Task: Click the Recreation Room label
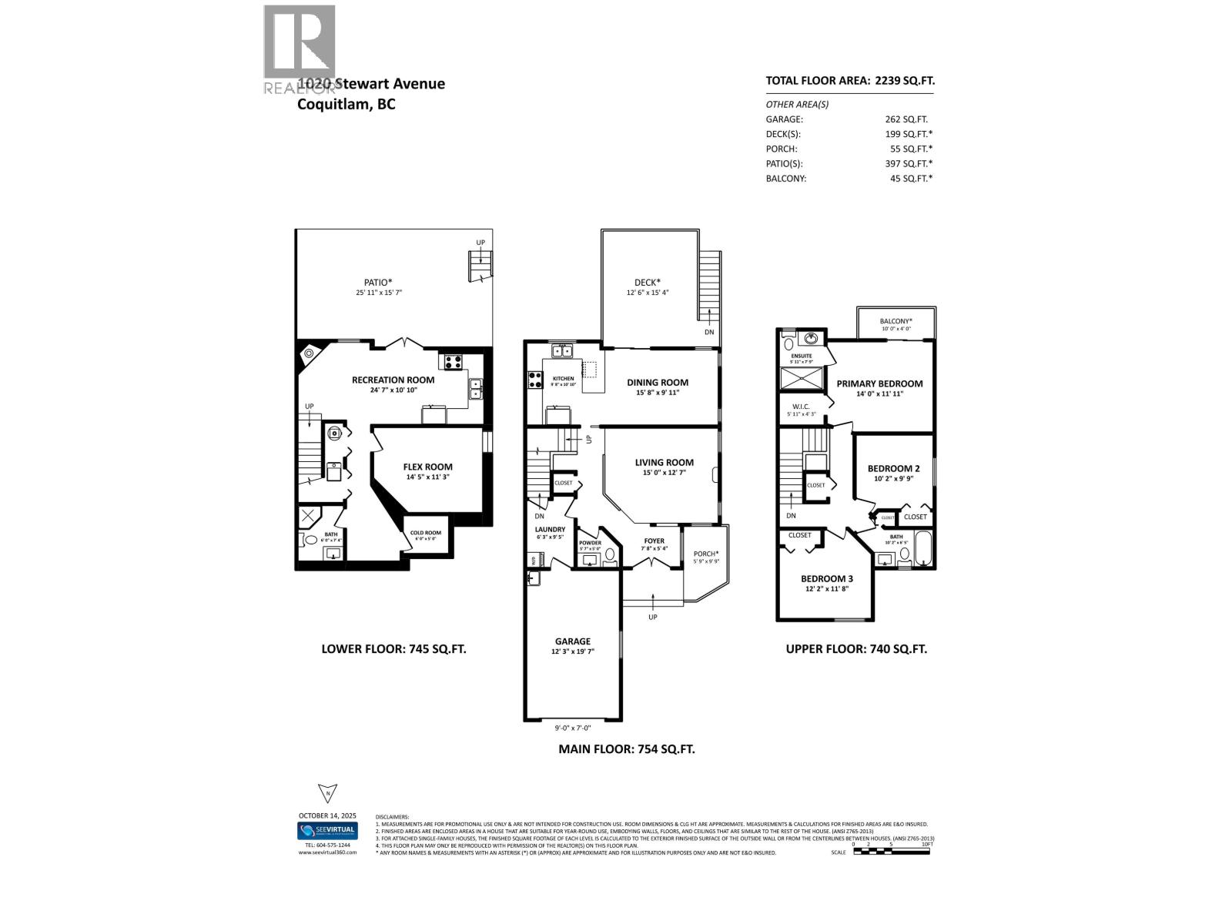(x=393, y=380)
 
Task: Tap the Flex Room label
(x=427, y=467)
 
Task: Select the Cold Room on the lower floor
(x=425, y=533)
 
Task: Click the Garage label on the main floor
(x=573, y=641)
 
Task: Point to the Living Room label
(x=664, y=463)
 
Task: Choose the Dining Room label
(x=657, y=382)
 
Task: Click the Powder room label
(x=590, y=543)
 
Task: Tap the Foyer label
(x=654, y=541)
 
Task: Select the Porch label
(x=705, y=554)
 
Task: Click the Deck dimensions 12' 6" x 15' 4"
(x=648, y=293)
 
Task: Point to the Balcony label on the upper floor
(x=896, y=321)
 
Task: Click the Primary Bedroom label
(x=879, y=383)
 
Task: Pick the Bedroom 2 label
(x=893, y=468)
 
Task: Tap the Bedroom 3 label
(x=826, y=578)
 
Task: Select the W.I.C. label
(x=799, y=407)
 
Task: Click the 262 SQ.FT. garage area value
(x=906, y=119)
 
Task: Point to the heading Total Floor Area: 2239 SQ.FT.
(x=850, y=80)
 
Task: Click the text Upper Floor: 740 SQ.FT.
(x=856, y=648)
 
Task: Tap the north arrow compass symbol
(x=327, y=793)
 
